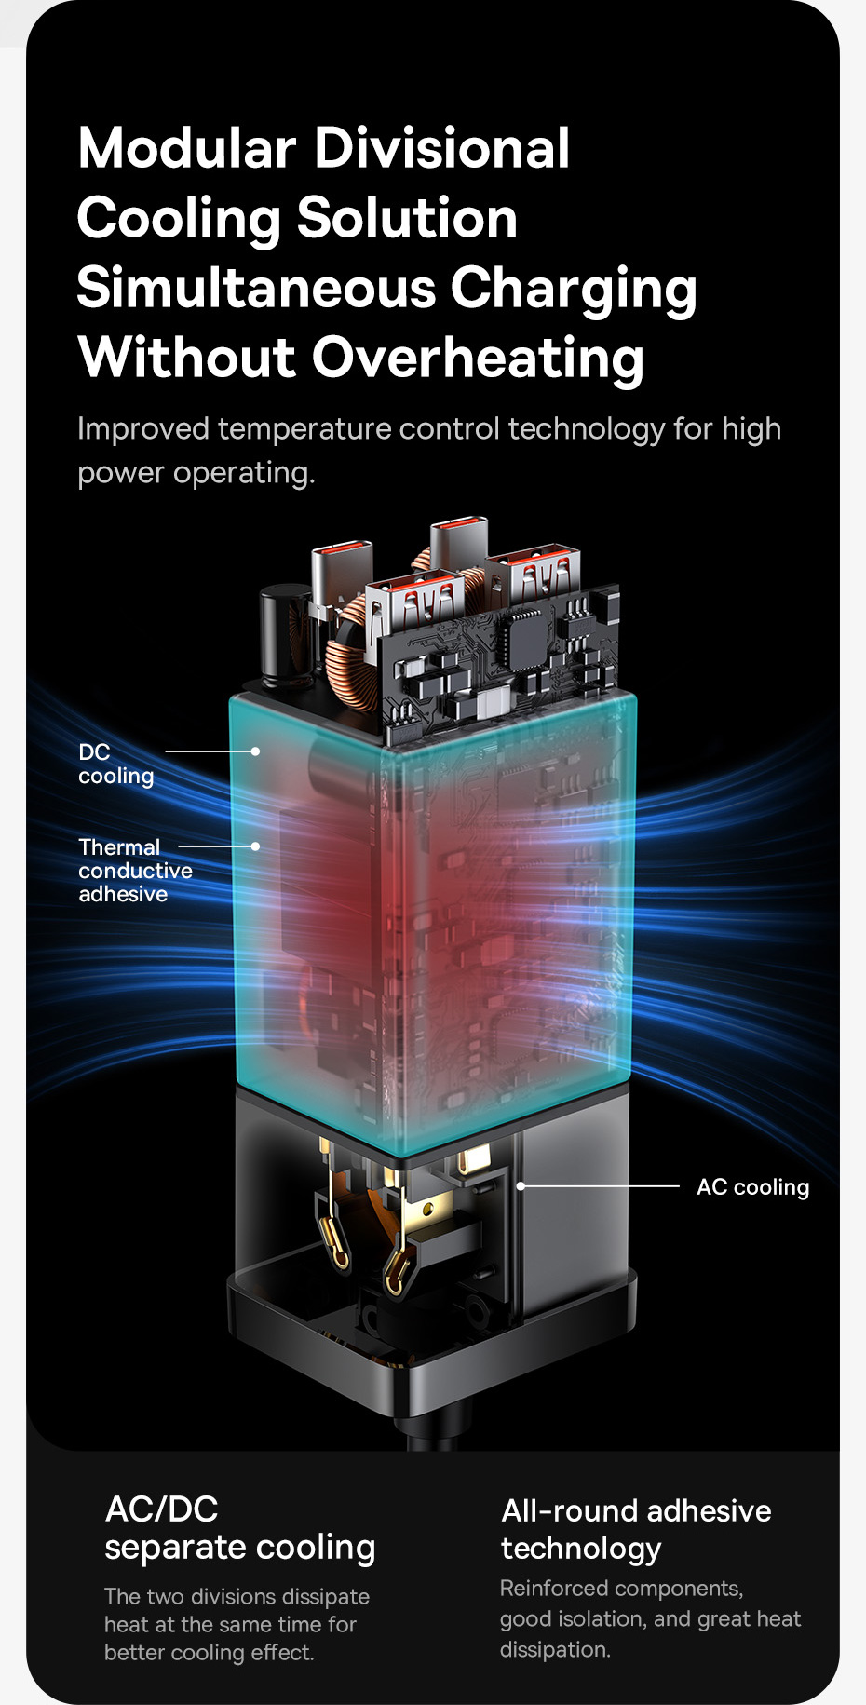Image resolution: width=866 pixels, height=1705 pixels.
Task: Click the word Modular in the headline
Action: pos(186,149)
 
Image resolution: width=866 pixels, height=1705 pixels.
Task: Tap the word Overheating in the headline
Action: pos(478,359)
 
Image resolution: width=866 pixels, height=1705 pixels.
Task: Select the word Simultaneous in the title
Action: pos(256,288)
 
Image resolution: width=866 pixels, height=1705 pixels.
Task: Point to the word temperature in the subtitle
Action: pos(304,429)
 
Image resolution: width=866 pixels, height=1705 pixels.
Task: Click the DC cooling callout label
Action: pos(115,764)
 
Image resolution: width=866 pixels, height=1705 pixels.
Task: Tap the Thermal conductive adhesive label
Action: pos(134,871)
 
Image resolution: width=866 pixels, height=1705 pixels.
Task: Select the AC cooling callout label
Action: pos(752,1187)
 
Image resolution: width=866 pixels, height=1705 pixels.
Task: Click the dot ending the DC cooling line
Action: pos(255,751)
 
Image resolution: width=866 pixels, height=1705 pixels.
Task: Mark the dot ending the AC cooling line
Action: pos(521,1185)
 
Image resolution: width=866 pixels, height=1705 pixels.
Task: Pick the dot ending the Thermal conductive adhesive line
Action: pos(255,846)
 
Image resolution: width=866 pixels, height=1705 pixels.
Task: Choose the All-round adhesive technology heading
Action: pos(635,1528)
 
